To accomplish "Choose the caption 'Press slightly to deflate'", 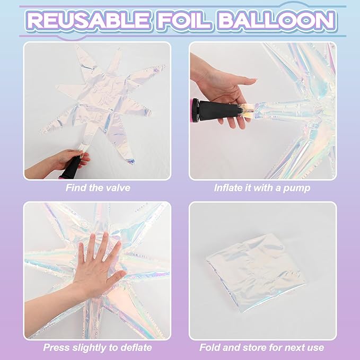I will (x=97, y=348).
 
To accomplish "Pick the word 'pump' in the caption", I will (x=299, y=188).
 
